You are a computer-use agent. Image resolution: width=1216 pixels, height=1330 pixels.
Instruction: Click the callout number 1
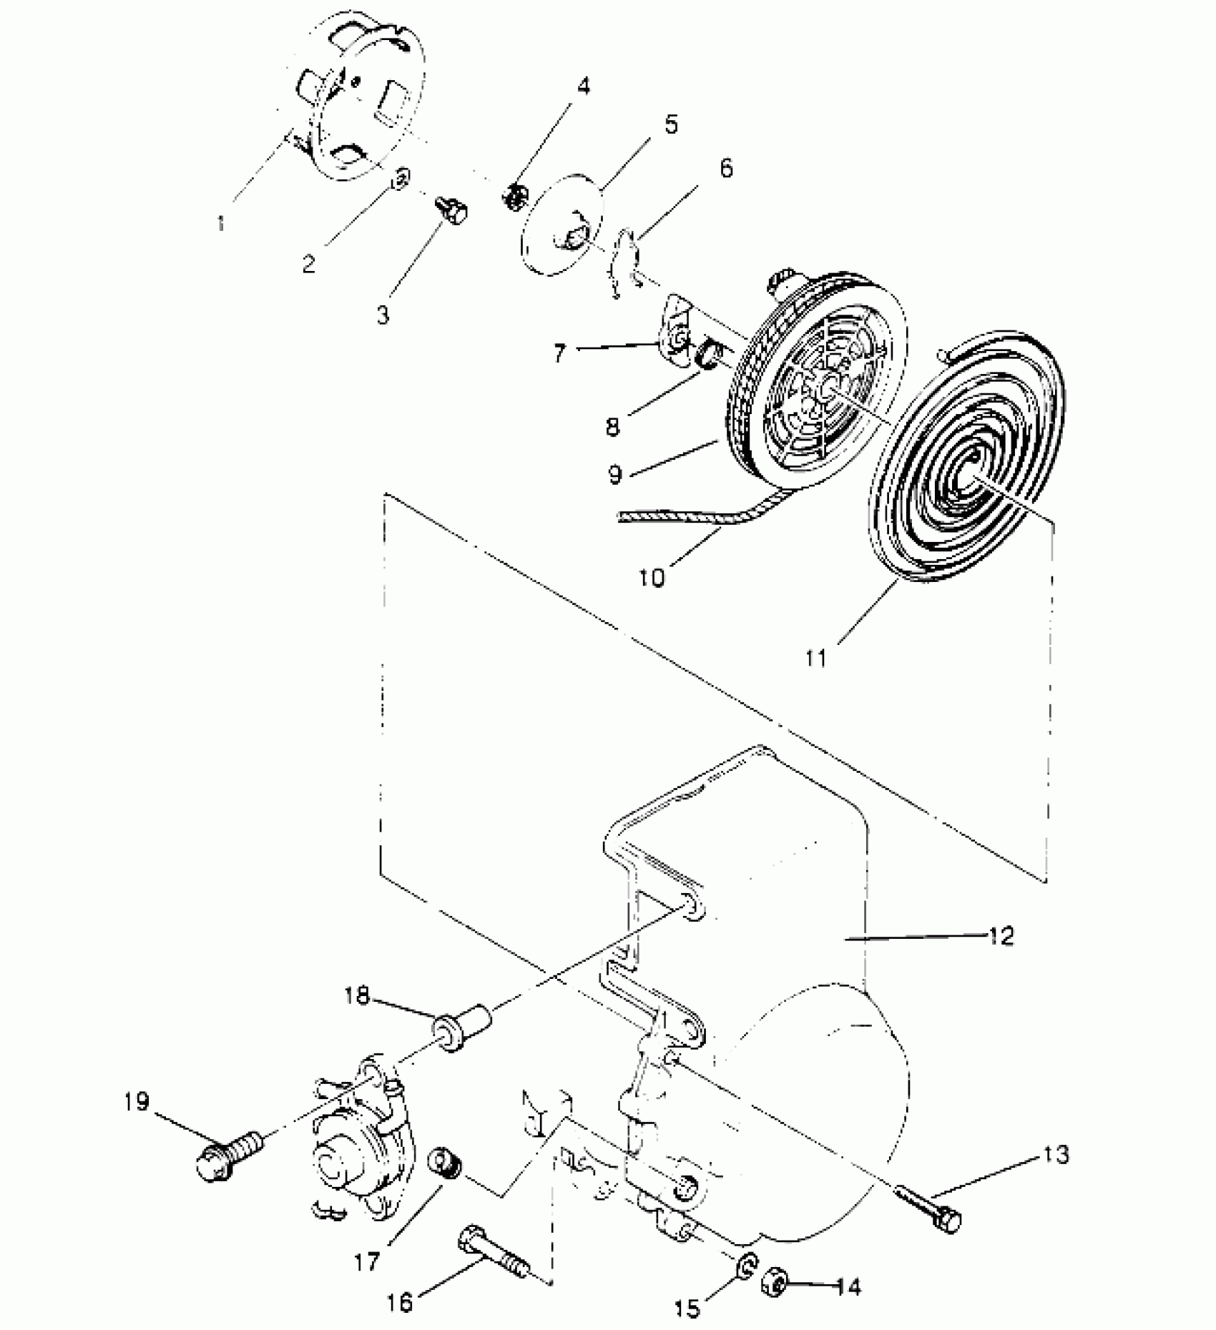220,223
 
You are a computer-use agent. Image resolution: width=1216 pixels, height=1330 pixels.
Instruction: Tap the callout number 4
584,87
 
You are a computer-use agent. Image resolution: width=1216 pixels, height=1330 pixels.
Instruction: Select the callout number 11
815,657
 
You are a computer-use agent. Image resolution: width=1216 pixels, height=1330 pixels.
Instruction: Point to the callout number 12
1001,936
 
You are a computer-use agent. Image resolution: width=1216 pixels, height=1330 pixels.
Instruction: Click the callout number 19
136,1102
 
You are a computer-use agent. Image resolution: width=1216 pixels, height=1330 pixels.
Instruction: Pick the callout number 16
401,1303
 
